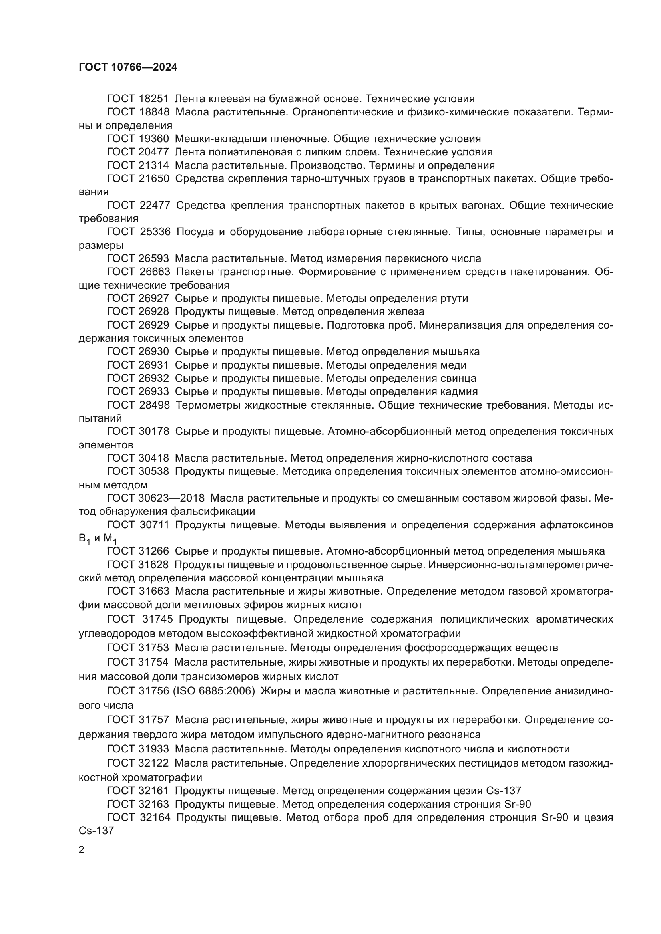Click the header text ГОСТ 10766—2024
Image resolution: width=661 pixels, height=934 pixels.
pos(128,67)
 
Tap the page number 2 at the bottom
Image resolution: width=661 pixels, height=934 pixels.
pos(82,849)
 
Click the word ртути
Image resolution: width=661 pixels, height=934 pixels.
pos(454,299)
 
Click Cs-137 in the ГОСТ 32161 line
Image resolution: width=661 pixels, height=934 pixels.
pos(504,791)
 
